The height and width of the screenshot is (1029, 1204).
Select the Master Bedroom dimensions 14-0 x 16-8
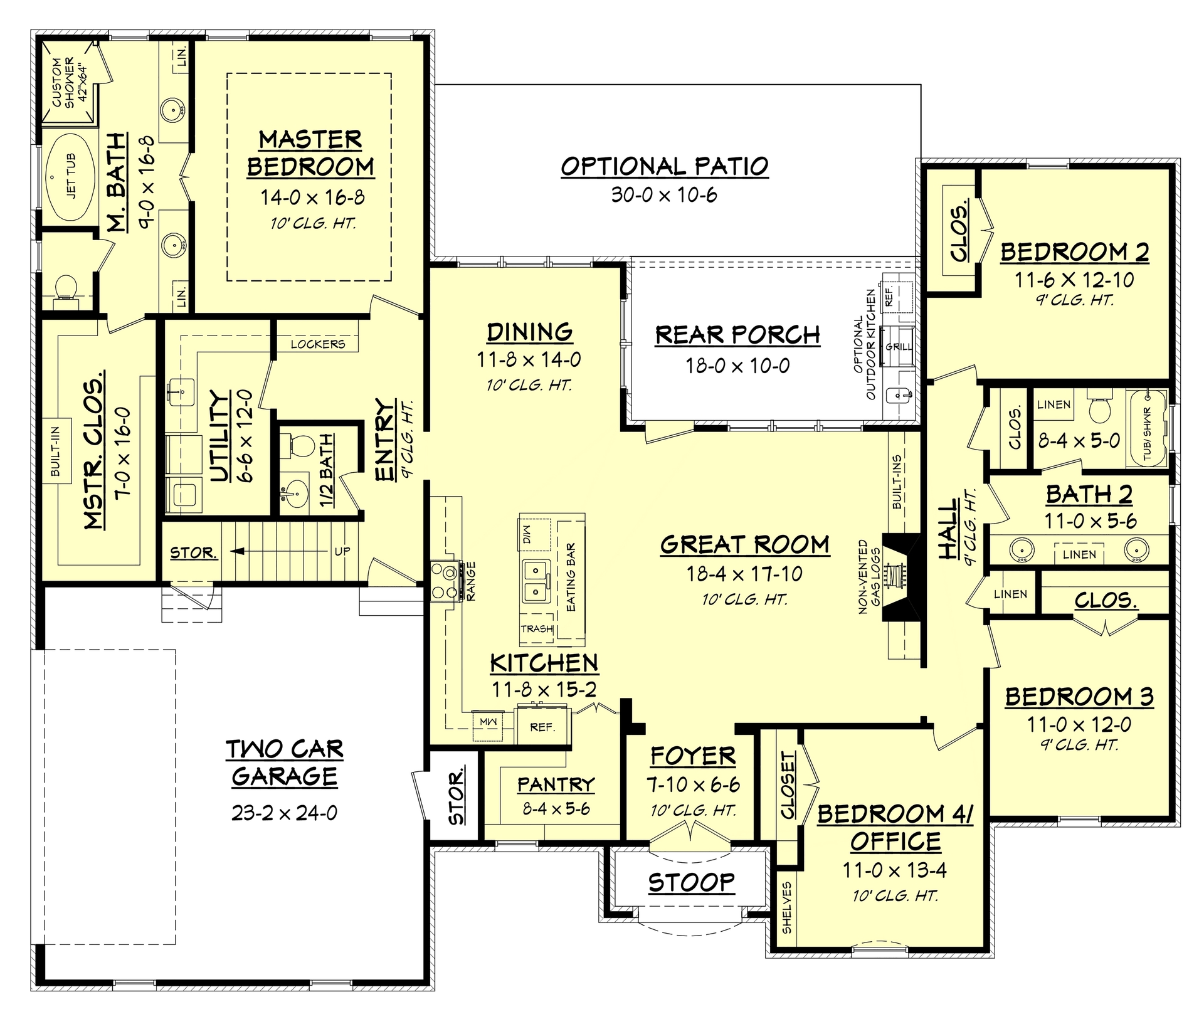[x=312, y=198]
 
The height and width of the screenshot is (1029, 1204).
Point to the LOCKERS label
[x=317, y=344]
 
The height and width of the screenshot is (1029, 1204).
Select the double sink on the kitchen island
[x=534, y=581]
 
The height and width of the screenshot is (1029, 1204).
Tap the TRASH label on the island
[x=537, y=628]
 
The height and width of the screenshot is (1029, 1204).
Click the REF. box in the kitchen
[x=542, y=727]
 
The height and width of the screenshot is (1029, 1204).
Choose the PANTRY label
[x=556, y=784]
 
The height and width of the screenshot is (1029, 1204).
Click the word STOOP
[x=691, y=882]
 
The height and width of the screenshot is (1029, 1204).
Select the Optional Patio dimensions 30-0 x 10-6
[x=664, y=195]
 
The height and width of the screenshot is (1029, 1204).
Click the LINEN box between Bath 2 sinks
[x=1079, y=554]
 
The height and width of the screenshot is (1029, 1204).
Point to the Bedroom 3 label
[x=1079, y=697]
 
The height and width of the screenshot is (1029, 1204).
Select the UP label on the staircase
[x=342, y=551]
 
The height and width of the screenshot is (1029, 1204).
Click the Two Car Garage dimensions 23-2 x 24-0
[x=284, y=813]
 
